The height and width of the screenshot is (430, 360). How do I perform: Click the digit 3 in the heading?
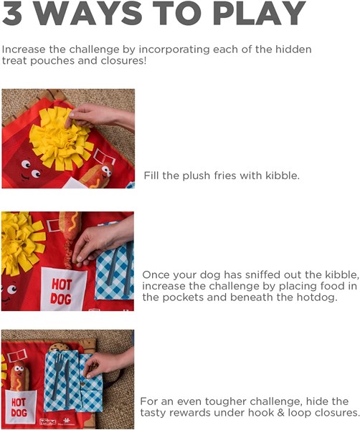click(11, 13)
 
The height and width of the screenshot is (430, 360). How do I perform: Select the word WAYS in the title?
click(88, 13)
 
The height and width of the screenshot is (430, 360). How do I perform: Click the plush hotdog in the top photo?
click(98, 176)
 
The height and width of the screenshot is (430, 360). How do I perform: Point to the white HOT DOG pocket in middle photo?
click(63, 290)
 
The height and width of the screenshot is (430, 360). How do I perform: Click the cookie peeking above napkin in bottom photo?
click(60, 347)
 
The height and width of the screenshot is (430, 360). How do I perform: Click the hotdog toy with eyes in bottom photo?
click(19, 376)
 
